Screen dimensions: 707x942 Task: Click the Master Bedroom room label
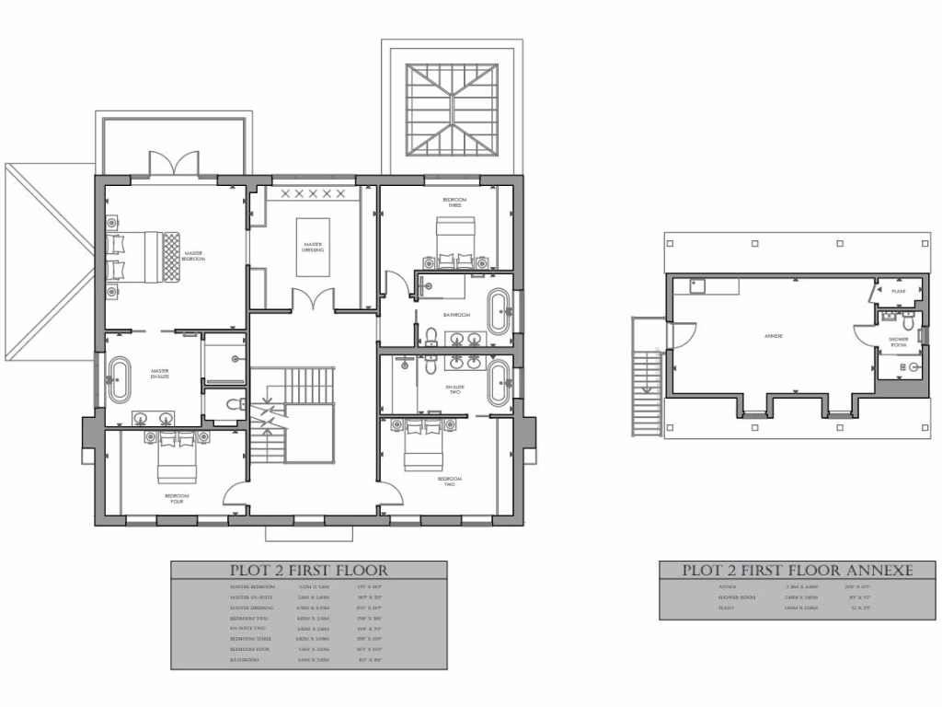193,256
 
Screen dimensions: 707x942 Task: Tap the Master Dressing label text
313,247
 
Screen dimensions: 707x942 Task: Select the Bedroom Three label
454,203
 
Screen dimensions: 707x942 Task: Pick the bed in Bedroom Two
424,444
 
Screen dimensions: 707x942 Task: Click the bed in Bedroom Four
177,457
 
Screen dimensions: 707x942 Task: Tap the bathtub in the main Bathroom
498,313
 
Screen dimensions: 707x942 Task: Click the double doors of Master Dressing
313,300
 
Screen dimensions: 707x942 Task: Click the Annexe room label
773,336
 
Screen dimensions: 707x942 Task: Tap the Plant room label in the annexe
899,292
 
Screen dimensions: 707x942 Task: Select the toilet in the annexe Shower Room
909,323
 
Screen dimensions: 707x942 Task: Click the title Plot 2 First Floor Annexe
797,571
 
